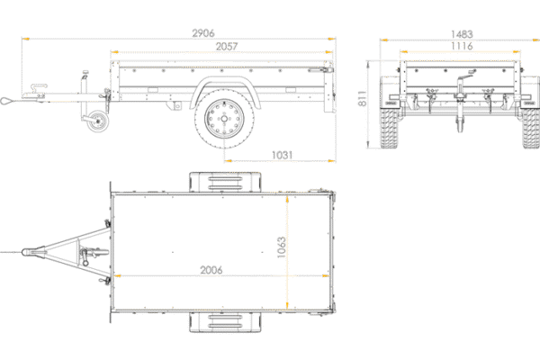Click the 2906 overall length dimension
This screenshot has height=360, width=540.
tap(203, 33)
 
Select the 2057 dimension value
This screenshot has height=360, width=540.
tap(227, 46)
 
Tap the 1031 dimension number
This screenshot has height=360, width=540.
tap(282, 155)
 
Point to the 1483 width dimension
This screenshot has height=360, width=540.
tap(462, 34)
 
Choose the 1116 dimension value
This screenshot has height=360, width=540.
tap(462, 46)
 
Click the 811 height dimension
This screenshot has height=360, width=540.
tap(362, 98)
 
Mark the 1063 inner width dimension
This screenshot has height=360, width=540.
tap(282, 247)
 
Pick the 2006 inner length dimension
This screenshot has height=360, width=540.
tap(211, 270)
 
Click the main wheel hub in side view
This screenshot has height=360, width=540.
tap(224, 119)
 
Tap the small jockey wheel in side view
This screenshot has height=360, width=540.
tap(97, 121)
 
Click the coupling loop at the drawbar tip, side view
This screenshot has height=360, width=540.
tap(6, 101)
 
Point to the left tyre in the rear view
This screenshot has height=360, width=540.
tap(389, 128)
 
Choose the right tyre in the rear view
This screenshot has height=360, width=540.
tap(531, 128)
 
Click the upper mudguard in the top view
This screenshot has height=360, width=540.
tap(225, 182)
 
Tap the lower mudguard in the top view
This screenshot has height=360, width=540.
tap(225, 322)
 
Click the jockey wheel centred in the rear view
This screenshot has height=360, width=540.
tap(460, 123)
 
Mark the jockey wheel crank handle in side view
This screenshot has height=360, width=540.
tap(85, 74)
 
